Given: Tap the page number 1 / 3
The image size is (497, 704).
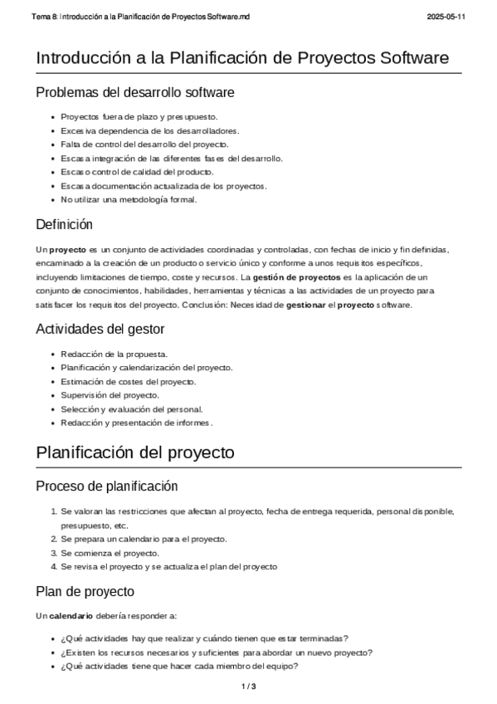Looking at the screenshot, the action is tap(248, 687).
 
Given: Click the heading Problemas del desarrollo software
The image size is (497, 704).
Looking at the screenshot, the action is tap(135, 91).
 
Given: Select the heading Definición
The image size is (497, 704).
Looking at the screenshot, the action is tap(65, 224).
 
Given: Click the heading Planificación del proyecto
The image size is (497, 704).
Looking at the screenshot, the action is tap(135, 452).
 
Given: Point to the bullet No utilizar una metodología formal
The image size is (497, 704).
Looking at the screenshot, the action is tap(129, 199).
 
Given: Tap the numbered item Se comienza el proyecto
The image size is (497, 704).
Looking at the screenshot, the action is tap(110, 553).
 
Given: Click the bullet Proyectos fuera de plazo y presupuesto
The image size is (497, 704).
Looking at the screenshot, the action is tap(139, 117).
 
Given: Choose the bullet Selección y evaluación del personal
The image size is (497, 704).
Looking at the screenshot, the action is tap(131, 408).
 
